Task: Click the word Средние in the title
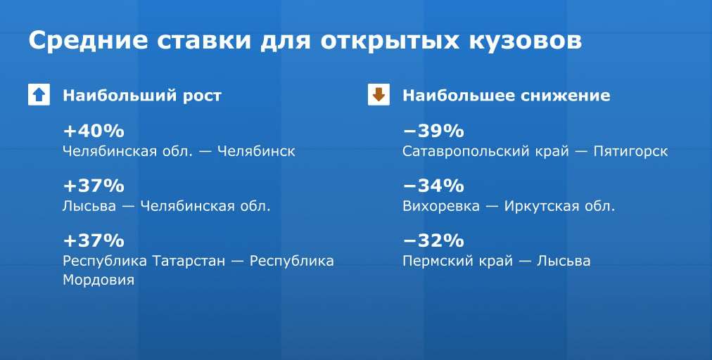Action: tap(88, 40)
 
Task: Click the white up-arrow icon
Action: tap(39, 95)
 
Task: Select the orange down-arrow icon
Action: tap(379, 95)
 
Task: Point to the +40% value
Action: tap(94, 131)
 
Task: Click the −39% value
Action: tap(433, 131)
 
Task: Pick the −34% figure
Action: tap(433, 186)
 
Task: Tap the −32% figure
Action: tap(433, 240)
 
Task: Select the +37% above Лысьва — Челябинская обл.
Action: tap(94, 186)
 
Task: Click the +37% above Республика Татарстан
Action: tap(94, 240)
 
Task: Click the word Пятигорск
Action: tap(630, 152)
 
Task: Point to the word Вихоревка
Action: tap(441, 206)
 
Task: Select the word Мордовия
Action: tap(98, 280)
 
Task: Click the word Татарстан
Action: tap(189, 261)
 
